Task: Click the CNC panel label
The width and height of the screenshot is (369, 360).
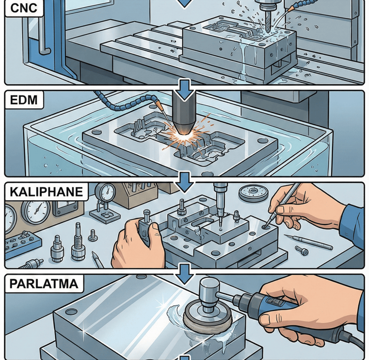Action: pos(24,8)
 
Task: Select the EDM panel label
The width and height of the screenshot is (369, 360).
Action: pos(24,100)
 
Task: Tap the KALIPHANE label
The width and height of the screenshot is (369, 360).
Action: pos(46,192)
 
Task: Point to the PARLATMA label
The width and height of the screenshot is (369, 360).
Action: pos(44,284)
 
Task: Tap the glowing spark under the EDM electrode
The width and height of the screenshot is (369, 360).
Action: pos(183,136)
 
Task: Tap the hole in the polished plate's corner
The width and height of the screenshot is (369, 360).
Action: pos(71,312)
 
